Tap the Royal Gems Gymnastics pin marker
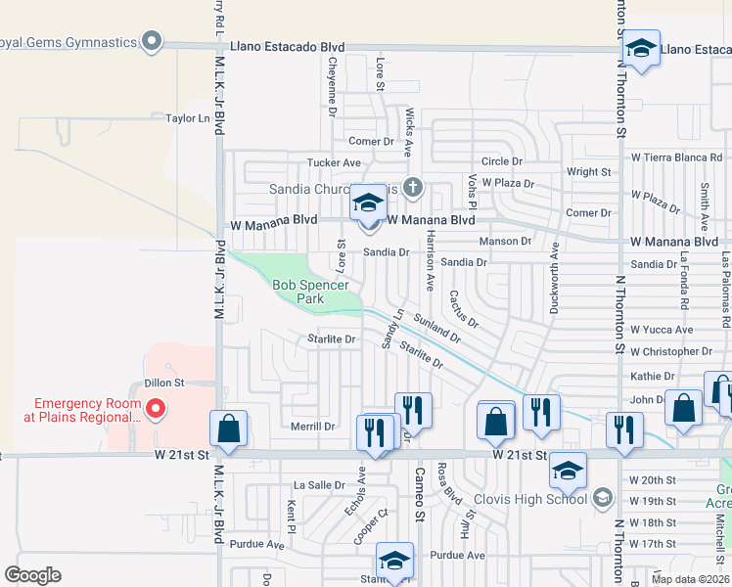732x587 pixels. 151,41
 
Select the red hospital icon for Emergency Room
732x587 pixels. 155,407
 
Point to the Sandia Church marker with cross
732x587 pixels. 413,187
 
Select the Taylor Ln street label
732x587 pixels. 188,118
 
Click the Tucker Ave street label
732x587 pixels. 334,162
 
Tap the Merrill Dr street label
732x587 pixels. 313,427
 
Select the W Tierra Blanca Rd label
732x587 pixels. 676,157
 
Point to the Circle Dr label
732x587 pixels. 502,161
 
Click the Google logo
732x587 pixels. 32,575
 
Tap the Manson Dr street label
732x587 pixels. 505,241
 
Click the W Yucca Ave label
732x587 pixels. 662,330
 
